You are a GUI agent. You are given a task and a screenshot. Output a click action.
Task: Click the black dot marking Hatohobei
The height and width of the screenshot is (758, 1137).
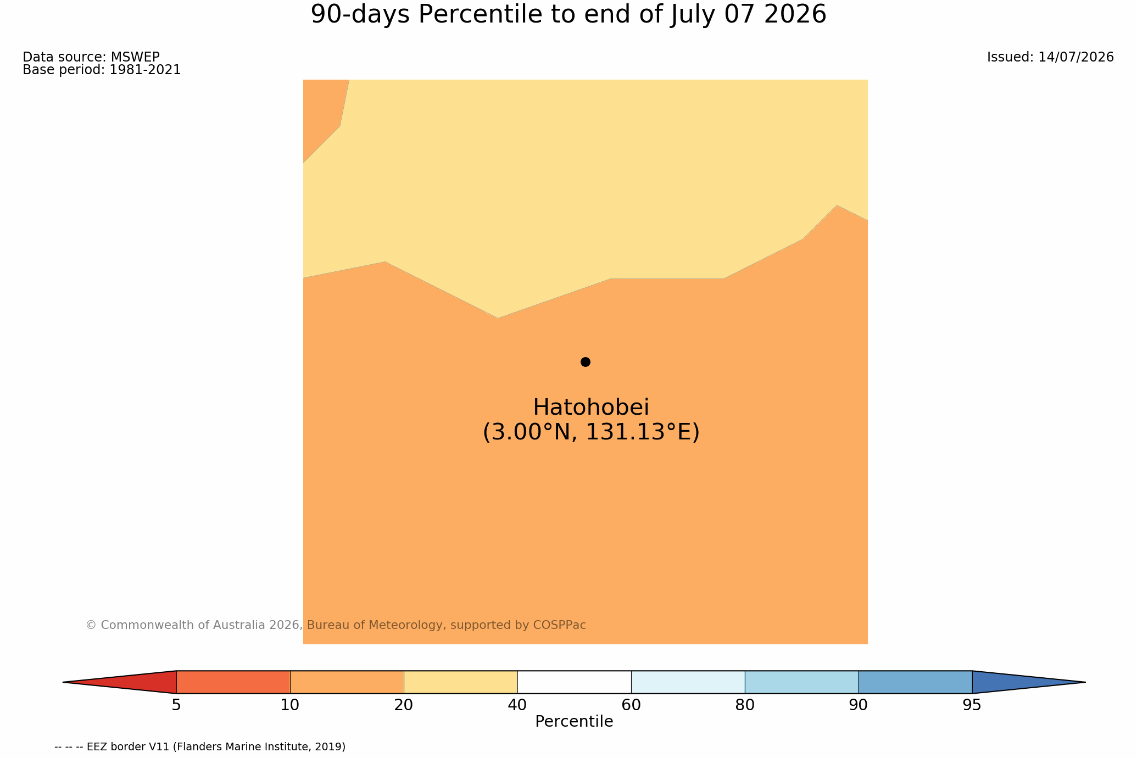(586, 362)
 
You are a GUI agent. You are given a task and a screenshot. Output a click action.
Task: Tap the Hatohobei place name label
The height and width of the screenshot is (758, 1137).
(591, 408)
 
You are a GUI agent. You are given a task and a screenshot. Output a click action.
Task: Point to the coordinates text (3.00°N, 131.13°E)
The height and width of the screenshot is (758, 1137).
(591, 432)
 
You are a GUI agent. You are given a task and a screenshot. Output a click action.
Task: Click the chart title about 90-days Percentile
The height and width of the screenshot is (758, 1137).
(568, 15)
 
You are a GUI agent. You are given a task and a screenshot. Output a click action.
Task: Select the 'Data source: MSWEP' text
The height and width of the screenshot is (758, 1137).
(91, 57)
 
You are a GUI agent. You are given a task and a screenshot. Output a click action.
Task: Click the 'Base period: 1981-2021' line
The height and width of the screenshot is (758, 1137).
(102, 70)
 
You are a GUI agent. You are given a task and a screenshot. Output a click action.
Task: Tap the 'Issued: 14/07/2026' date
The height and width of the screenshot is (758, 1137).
(1050, 57)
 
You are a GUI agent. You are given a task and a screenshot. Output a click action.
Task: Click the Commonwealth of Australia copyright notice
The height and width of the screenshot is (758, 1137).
(336, 625)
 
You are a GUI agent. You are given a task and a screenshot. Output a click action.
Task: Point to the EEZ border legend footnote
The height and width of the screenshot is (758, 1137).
(200, 747)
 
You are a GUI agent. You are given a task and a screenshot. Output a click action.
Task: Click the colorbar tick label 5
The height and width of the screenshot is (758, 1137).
(176, 705)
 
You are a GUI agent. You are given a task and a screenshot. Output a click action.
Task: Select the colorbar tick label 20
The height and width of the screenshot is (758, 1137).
(404, 705)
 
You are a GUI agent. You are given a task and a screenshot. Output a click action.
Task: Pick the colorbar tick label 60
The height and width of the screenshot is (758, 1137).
(631, 705)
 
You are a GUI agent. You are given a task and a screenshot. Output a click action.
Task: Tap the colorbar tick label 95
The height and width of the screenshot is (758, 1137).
(972, 705)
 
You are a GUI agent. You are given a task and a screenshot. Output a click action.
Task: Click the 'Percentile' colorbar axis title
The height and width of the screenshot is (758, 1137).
(574, 722)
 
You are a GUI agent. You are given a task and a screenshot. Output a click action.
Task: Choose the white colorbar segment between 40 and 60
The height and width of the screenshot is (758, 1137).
(574, 682)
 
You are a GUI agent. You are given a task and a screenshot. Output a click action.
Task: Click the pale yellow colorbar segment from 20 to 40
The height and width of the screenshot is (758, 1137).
(461, 682)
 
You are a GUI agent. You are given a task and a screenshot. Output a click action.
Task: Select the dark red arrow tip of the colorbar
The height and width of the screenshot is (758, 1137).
(64, 682)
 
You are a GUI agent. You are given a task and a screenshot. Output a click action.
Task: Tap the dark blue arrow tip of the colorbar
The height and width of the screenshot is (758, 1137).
(1085, 682)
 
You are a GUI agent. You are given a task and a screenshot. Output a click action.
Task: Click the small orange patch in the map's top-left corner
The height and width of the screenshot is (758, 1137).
(321, 113)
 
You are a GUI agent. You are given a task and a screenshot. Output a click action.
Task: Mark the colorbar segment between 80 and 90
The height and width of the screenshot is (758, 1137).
(801, 682)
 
